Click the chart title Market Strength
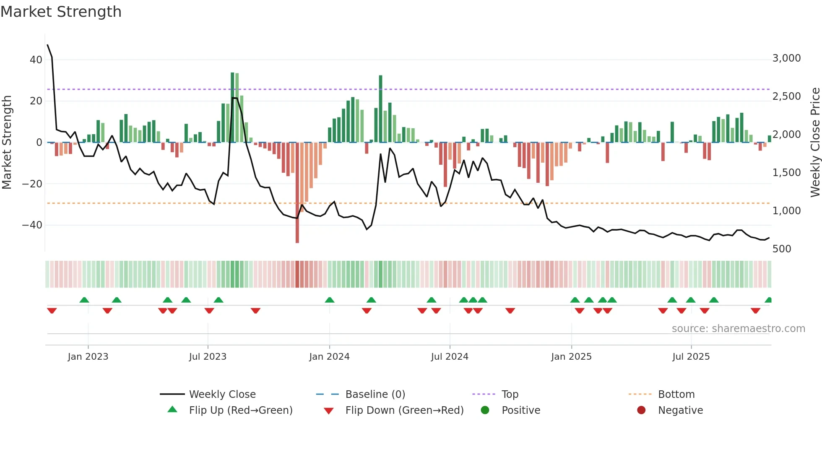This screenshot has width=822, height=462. click(61, 12)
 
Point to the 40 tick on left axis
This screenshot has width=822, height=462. click(36, 60)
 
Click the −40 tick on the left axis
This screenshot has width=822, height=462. click(32, 225)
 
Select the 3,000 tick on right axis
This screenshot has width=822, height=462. click(786, 58)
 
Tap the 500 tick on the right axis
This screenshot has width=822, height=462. click(781, 249)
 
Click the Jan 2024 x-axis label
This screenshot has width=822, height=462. click(329, 357)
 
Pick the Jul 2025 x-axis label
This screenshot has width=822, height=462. click(691, 357)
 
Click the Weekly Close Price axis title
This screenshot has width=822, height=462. click(815, 143)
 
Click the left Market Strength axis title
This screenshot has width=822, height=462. click(7, 143)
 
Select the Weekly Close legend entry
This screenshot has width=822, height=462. click(222, 395)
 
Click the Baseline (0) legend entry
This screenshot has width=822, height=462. click(375, 395)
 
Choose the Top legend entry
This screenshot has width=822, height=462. click(510, 395)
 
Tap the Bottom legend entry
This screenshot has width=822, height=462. click(676, 395)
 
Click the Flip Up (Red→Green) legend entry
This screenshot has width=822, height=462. click(240, 410)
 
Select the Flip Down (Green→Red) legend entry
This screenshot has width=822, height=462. click(404, 410)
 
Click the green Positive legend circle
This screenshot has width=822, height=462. click(485, 410)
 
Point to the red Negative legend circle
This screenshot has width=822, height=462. click(641, 410)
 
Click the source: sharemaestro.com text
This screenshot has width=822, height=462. click(738, 329)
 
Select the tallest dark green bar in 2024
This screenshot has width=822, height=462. click(380, 109)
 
